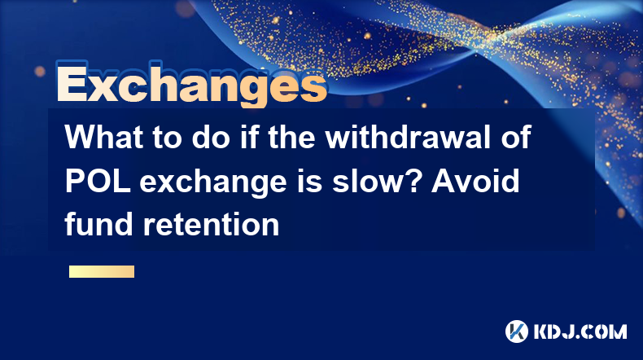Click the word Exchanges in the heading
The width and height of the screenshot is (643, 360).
(192, 84)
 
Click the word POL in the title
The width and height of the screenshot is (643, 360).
(98, 181)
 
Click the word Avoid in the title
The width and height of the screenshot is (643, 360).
(475, 181)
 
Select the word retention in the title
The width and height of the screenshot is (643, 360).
(211, 225)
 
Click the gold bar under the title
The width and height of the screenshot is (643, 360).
(102, 271)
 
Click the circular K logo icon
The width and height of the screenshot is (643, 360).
(517, 331)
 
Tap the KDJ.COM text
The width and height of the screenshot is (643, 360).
(580, 331)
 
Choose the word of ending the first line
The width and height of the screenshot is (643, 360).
(516, 137)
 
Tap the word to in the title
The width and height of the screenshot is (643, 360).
(168, 137)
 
